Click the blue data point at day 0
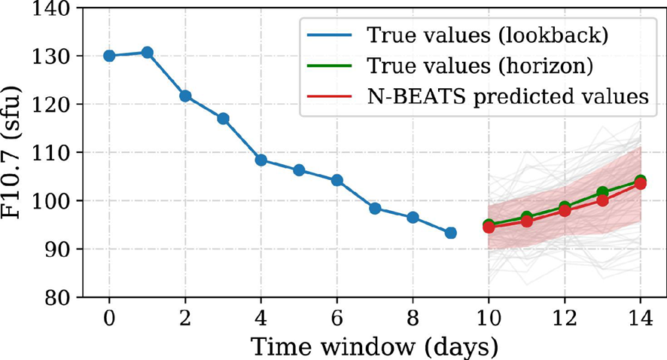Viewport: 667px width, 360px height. pos(109,56)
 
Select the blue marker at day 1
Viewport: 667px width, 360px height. pos(148,53)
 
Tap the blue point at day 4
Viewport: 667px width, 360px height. pos(261,160)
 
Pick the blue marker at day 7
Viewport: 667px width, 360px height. pos(375,208)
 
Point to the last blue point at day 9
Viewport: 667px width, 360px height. pos(451,233)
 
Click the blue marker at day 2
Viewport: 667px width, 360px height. pos(185,96)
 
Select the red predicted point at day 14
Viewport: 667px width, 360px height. pos(640,184)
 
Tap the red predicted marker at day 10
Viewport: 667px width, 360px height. pos(489,227)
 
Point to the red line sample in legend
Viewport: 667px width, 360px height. pos(327,96)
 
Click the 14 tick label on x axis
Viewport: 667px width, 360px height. pos(640,317)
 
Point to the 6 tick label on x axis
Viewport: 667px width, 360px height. pos(337,317)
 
